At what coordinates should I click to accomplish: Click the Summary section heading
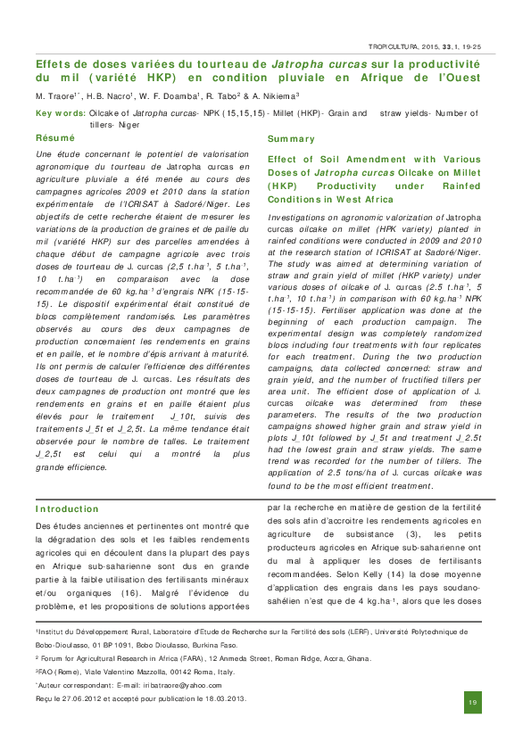coord(291,139)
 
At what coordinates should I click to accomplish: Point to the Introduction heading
coord(67,509)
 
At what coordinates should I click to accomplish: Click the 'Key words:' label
coord(61,113)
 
